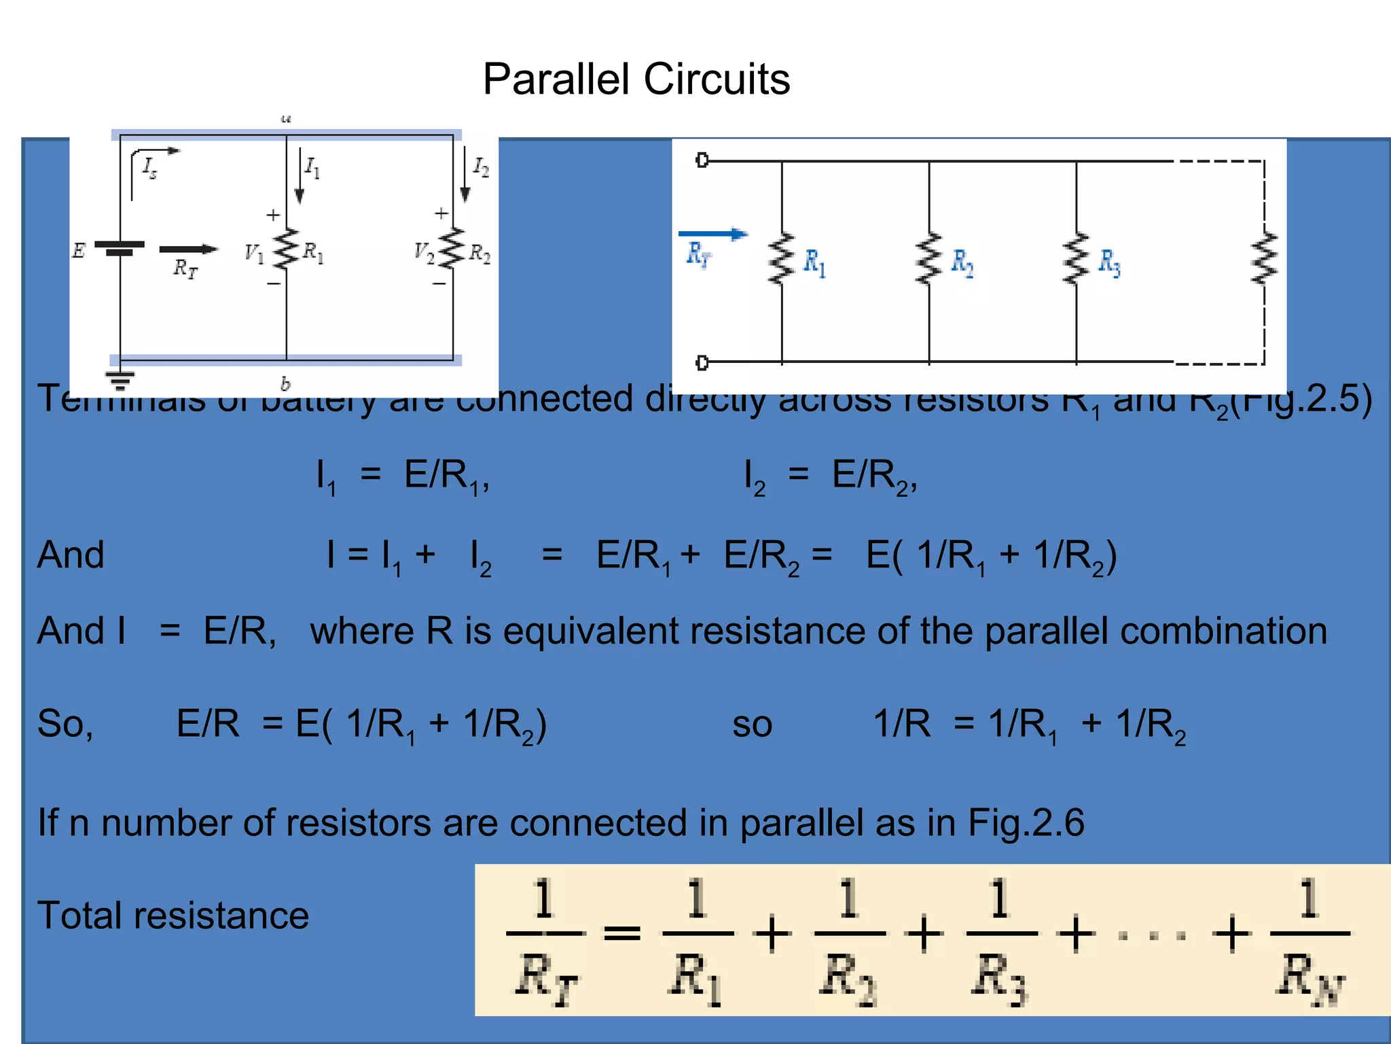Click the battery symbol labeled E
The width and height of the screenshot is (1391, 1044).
click(120, 247)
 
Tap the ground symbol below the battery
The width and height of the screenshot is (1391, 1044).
click(120, 380)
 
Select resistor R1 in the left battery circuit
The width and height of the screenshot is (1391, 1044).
click(287, 249)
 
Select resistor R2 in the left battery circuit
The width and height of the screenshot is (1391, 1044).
click(452, 249)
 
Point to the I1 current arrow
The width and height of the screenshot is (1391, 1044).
click(300, 177)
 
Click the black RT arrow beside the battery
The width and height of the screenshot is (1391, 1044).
click(188, 249)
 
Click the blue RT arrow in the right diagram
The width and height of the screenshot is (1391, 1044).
click(712, 234)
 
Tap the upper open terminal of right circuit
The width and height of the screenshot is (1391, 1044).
click(702, 160)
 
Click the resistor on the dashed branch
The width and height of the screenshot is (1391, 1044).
click(1264, 259)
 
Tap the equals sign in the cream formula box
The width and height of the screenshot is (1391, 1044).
click(622, 933)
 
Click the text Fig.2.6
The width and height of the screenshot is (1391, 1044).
click(1026, 822)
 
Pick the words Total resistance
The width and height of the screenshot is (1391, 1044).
click(173, 915)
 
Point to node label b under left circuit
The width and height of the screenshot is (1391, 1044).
click(285, 384)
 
